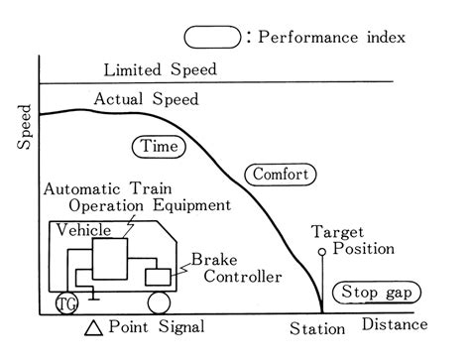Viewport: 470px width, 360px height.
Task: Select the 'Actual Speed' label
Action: click(x=146, y=99)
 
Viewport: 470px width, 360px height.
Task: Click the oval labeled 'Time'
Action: click(x=157, y=146)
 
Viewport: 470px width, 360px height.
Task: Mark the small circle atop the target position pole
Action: click(x=322, y=253)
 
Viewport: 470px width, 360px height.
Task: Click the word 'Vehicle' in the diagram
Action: click(x=82, y=228)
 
